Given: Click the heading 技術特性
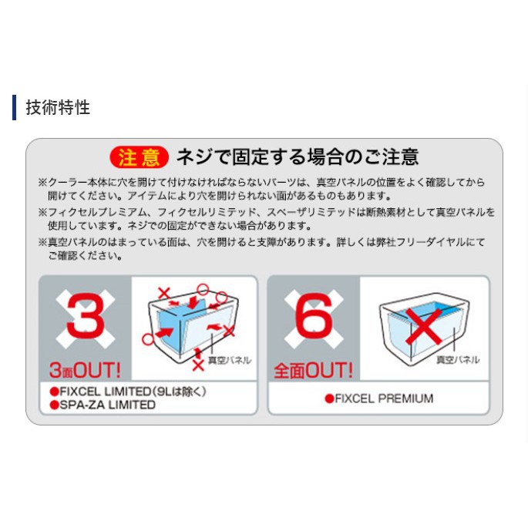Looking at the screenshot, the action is (x=58, y=107).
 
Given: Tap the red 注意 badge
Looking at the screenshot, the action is (x=139, y=157).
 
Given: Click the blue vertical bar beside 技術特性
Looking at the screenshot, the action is (x=14, y=107).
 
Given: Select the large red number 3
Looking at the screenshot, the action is (x=86, y=315).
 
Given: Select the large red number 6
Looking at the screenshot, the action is (x=314, y=315).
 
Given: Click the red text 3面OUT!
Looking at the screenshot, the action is (x=85, y=370).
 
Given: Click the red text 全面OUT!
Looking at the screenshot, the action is (x=313, y=370).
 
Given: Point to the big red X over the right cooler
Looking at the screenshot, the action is (x=424, y=326).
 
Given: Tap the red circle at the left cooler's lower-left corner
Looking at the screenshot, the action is (x=148, y=339).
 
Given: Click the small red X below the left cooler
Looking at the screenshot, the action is (x=198, y=365).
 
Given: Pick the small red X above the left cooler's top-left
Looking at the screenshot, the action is (x=164, y=293).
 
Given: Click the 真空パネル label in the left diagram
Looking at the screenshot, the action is (x=230, y=360).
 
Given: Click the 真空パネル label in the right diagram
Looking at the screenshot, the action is (x=458, y=360).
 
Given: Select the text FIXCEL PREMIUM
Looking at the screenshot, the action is (x=384, y=399).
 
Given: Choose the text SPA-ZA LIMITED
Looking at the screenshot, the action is (x=108, y=405).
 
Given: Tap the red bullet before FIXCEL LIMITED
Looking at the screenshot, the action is (x=54, y=392).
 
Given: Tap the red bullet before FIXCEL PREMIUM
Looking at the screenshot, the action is (x=329, y=399).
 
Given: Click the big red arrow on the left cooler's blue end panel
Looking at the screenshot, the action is (x=164, y=333).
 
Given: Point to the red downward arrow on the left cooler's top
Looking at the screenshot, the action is (x=193, y=302).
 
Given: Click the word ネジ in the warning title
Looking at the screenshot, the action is (x=190, y=157).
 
